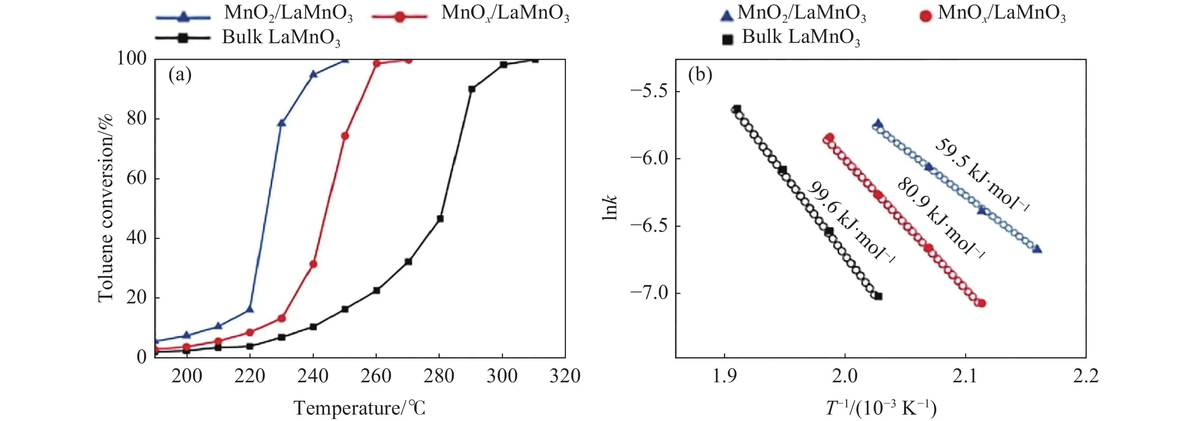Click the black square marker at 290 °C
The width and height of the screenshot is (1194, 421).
472,89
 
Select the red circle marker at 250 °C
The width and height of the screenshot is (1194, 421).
345,136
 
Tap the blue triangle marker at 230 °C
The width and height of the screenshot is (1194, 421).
281,123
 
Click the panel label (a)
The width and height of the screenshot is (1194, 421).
180,74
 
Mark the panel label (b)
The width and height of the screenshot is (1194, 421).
700,74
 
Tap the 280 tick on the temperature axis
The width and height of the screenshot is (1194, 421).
439,375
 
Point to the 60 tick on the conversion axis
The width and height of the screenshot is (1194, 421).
137,178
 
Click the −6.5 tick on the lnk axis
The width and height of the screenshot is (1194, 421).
649,226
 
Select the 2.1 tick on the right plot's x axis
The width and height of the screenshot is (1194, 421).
965,375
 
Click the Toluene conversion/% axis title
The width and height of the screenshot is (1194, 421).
106,208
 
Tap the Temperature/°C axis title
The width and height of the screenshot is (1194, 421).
359,408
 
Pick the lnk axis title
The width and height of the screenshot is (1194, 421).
610,208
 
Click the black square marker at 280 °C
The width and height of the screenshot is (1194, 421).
440,218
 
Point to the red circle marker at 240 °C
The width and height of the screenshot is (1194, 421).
313,264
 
